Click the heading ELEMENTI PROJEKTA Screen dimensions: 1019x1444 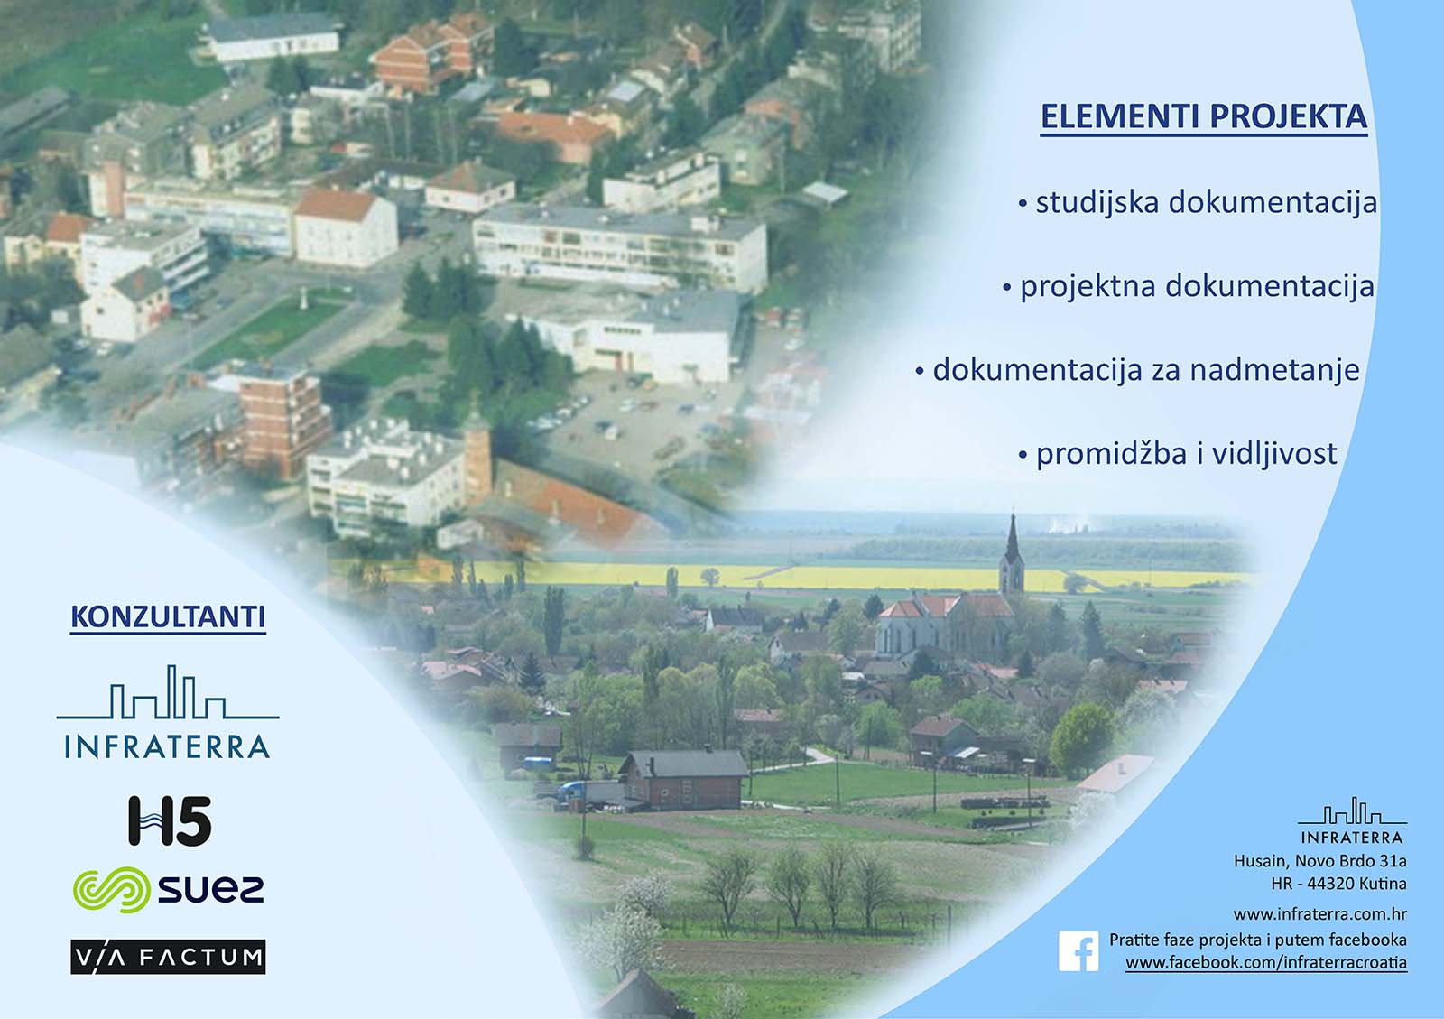(x=1203, y=117)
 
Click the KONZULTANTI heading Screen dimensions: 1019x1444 (x=168, y=617)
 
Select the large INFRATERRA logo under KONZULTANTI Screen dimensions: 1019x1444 (x=168, y=713)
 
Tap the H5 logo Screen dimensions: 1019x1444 (x=170, y=821)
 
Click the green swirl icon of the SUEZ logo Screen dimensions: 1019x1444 (x=110, y=890)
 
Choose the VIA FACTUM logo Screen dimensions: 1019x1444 (x=168, y=957)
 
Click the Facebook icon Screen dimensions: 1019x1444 (x=1078, y=951)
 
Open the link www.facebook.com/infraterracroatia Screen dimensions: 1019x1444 (x=1265, y=963)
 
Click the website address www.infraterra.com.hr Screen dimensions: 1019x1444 (x=1319, y=913)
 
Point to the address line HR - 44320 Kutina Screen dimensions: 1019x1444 (x=1338, y=884)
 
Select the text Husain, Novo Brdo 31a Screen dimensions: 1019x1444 (x=1319, y=861)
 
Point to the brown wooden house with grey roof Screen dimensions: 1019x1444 (x=683, y=778)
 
